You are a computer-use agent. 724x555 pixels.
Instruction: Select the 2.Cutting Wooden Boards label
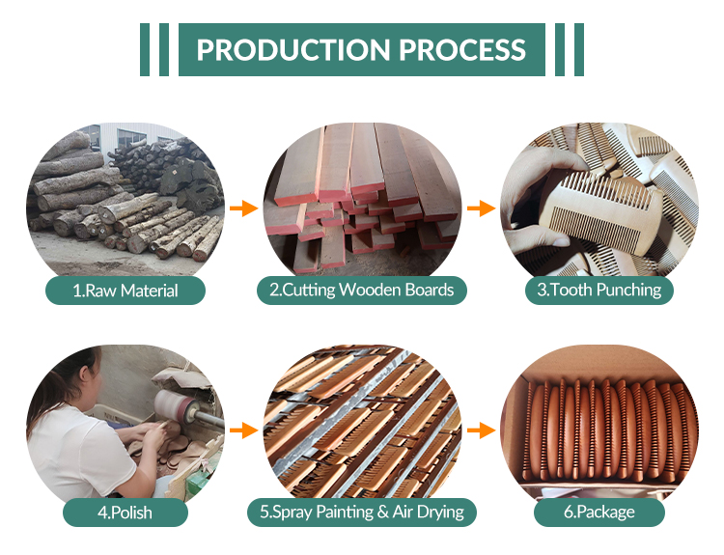[362, 290]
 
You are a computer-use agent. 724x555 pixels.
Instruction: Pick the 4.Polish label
[125, 512]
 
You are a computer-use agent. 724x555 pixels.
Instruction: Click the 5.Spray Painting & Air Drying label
[363, 512]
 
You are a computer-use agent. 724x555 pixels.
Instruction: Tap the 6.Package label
[599, 512]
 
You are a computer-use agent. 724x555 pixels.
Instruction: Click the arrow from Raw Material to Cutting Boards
[242, 208]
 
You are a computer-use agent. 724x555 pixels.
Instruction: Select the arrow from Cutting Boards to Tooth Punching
[480, 208]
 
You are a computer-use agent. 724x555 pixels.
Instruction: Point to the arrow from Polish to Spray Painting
[242, 430]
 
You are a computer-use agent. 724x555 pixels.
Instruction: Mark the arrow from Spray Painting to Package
[480, 430]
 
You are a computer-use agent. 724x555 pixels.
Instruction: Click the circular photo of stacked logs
[125, 198]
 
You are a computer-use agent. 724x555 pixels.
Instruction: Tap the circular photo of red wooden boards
[362, 198]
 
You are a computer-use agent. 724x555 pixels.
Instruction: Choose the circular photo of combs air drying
[362, 420]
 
